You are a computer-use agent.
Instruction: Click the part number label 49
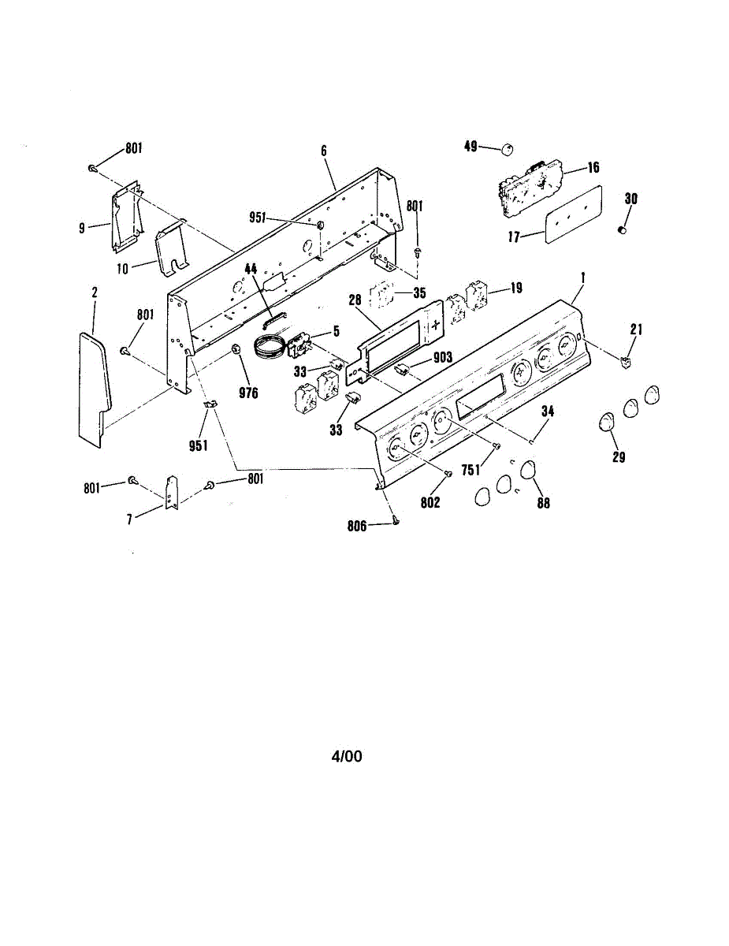pos(471,146)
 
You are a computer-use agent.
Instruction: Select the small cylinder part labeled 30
pos(622,229)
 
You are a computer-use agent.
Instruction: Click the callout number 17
pos(515,236)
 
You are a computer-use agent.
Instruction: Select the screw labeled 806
pos(395,521)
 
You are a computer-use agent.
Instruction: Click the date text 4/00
pos(347,757)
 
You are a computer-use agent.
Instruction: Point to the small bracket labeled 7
pos(171,492)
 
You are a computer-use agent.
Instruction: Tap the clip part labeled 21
pos(627,362)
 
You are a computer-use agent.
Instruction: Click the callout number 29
pos(619,456)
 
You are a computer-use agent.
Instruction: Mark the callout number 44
pos(251,269)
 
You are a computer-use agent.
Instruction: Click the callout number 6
pos(323,149)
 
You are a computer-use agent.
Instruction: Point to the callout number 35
pos(419,292)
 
